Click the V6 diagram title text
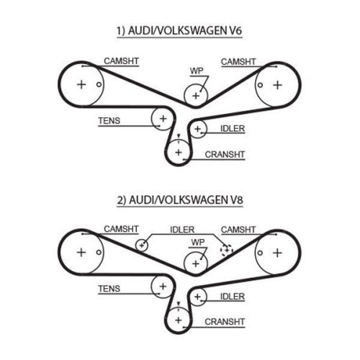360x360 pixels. [x=179, y=31]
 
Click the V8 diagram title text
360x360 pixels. [x=180, y=200]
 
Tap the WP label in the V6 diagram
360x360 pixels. [x=197, y=71]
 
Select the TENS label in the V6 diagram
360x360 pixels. [x=109, y=120]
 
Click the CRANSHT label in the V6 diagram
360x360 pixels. [x=225, y=155]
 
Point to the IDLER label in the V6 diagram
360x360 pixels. [x=233, y=129]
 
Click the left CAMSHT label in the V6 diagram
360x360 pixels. [x=121, y=61]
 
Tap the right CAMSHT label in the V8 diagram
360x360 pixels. [x=238, y=230]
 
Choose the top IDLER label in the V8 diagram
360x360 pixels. [x=182, y=230]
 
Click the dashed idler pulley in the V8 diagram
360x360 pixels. [x=227, y=250]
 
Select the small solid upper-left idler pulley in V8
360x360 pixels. [x=142, y=246]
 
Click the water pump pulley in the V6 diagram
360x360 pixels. [x=196, y=96]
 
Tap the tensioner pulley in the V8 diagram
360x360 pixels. [x=163, y=287]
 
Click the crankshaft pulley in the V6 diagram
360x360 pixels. [x=179, y=152]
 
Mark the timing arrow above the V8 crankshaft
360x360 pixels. [x=179, y=304]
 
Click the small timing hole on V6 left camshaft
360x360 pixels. [x=99, y=84]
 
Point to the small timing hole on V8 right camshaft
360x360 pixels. [x=260, y=253]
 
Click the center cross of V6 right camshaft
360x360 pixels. [x=277, y=85]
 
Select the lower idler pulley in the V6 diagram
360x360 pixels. [x=197, y=129]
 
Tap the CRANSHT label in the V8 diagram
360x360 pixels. [x=225, y=322]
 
